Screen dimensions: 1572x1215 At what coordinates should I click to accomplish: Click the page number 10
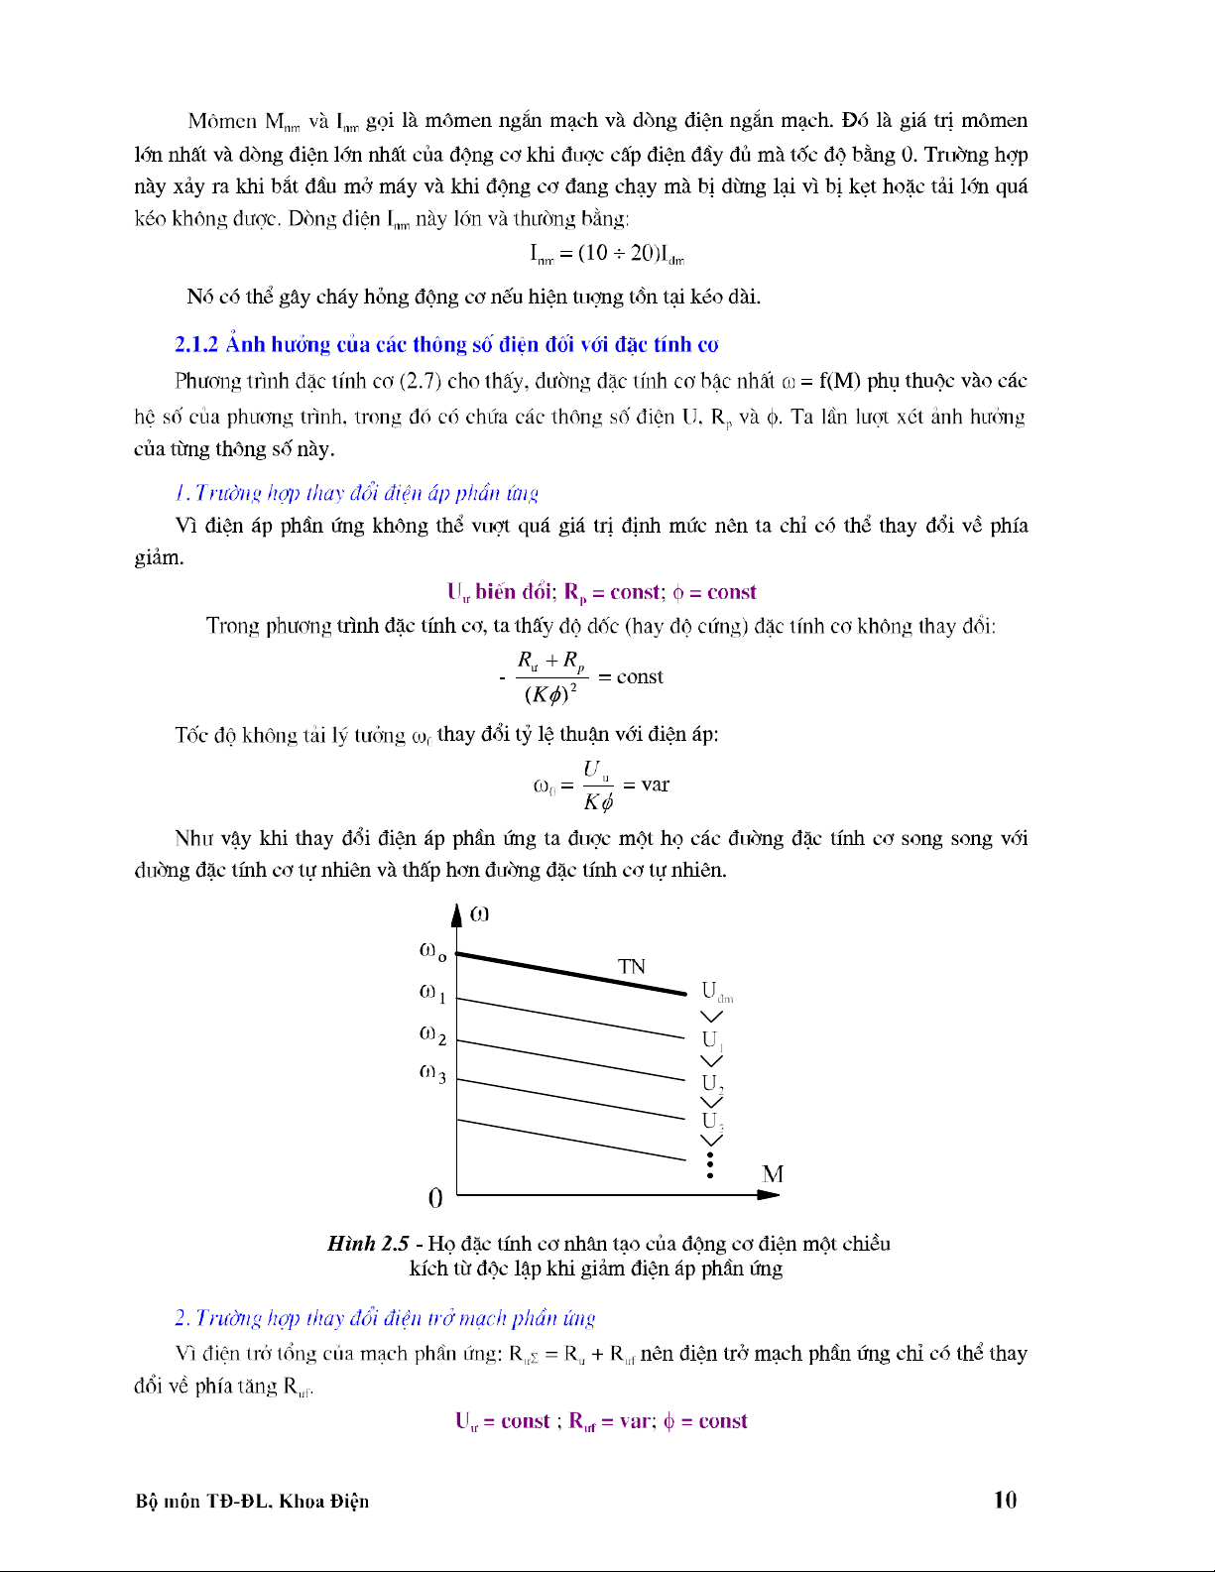pyautogui.click(x=1005, y=1500)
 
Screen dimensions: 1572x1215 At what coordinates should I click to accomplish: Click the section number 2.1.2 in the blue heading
pyautogui.click(x=196, y=345)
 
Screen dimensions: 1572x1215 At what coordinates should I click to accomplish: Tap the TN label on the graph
pyautogui.click(x=632, y=966)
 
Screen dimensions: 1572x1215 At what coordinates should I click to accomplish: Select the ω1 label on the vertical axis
pyautogui.click(x=432, y=993)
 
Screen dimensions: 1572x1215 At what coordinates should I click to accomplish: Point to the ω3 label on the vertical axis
pyautogui.click(x=432, y=1073)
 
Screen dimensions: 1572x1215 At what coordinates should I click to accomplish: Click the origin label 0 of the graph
pyautogui.click(x=435, y=1198)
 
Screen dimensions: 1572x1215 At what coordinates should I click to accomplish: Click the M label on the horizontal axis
pyautogui.click(x=773, y=1174)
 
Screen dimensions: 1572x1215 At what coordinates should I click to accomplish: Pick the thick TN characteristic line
pyautogui.click(x=570, y=973)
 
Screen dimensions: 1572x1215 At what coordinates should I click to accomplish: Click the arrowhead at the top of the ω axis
pyautogui.click(x=456, y=914)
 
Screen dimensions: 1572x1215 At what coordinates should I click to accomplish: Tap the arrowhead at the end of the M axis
pyautogui.click(x=769, y=1194)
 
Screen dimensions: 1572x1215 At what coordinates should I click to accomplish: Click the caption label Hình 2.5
pyautogui.click(x=368, y=1244)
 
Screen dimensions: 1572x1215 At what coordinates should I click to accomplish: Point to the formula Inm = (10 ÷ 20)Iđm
pyautogui.click(x=607, y=254)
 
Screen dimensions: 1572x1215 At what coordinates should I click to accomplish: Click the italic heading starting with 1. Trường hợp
pyautogui.click(x=356, y=493)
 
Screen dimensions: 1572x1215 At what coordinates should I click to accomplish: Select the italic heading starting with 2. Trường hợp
pyautogui.click(x=385, y=1318)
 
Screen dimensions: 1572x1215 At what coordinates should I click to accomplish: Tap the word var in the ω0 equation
pyautogui.click(x=656, y=785)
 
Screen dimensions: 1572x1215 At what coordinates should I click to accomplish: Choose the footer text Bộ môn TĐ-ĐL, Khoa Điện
pyautogui.click(x=252, y=1501)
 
